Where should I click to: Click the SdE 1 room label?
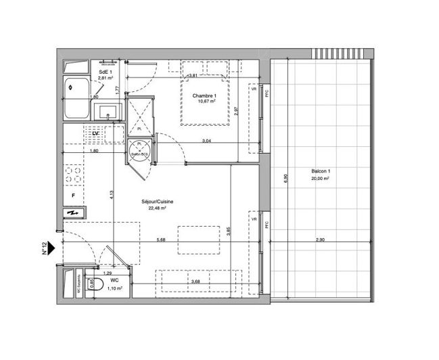(105, 71)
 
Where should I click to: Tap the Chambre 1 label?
(204, 95)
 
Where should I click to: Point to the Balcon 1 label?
(320, 172)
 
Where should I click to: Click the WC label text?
(114, 279)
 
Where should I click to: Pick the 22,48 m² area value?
(157, 209)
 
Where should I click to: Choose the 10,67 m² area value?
(204, 102)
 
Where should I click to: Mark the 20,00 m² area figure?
(320, 179)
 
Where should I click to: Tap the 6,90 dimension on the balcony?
(284, 179)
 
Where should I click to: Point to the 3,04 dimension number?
(206, 141)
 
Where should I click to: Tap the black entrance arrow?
(52, 249)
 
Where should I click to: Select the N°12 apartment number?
(43, 249)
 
